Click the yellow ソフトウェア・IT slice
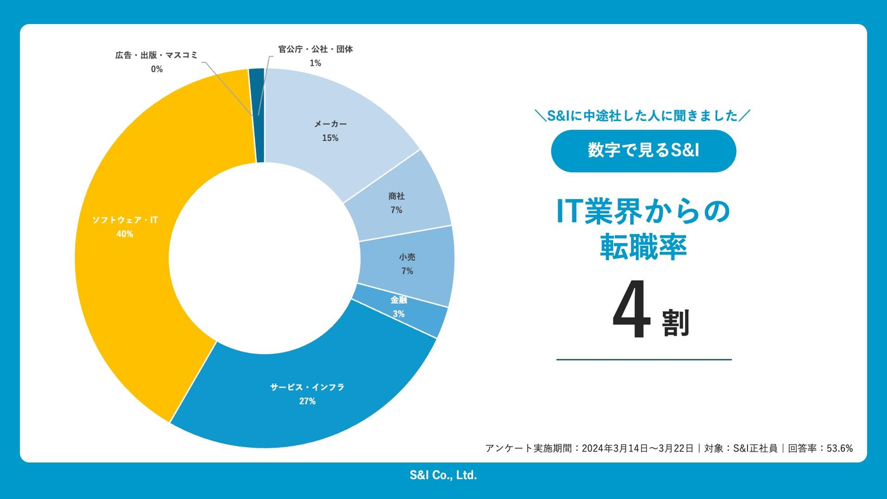pos(129,277)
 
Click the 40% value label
pos(124,234)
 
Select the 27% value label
pos(307,401)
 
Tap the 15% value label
pos(330,138)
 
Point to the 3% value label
pos(399,314)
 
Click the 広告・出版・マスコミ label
pos(156,55)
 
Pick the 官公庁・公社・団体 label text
pos(315,49)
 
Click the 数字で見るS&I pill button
pos(643,151)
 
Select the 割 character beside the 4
pos(676,323)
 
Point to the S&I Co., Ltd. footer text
pos(443,475)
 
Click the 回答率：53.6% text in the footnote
pos(820,448)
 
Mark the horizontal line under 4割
pos(644,359)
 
